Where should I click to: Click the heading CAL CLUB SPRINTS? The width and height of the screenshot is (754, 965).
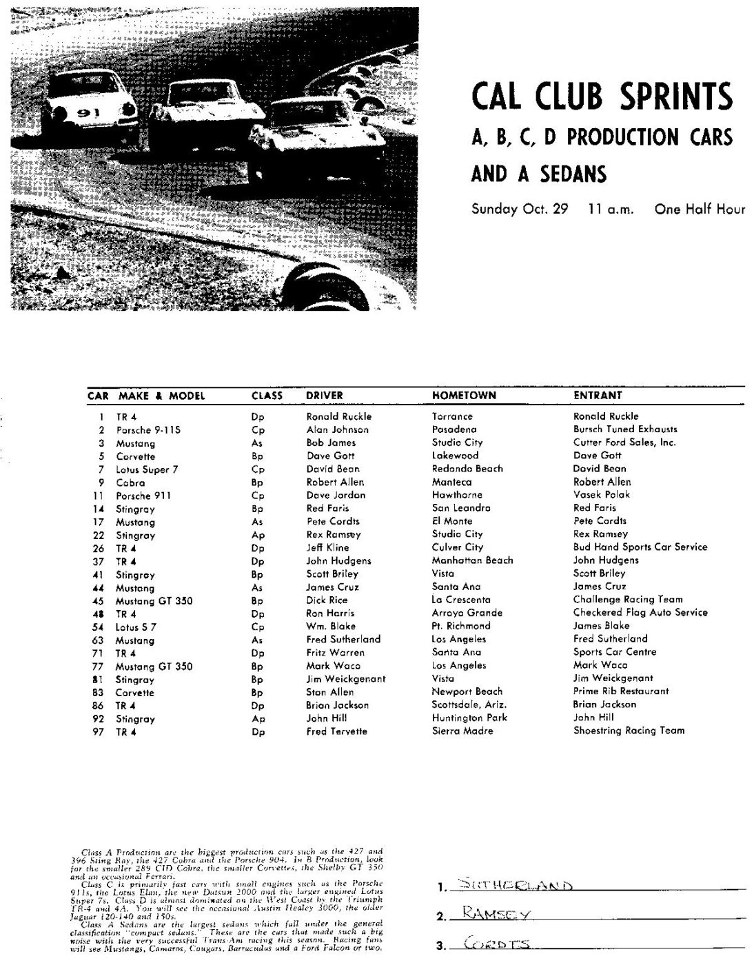[x=602, y=96]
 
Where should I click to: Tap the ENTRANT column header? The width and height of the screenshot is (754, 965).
[x=598, y=396]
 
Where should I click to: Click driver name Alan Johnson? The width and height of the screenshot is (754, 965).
[x=337, y=429]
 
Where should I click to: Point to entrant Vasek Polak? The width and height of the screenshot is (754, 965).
[x=602, y=495]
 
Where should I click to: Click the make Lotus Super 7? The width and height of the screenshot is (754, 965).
[x=147, y=469]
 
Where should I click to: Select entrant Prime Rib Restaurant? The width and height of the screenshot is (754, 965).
[x=621, y=691]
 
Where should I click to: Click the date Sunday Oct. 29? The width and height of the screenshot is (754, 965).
[x=520, y=209]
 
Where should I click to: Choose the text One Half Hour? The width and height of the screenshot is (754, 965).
[x=700, y=209]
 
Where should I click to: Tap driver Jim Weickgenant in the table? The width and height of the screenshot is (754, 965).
[x=346, y=679]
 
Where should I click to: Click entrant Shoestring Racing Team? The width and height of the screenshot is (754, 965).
[x=629, y=731]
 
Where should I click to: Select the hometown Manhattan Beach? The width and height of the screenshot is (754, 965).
[x=472, y=560]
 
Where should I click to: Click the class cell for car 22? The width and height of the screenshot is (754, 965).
[x=257, y=535]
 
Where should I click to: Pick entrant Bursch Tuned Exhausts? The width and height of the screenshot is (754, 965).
[x=625, y=429]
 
